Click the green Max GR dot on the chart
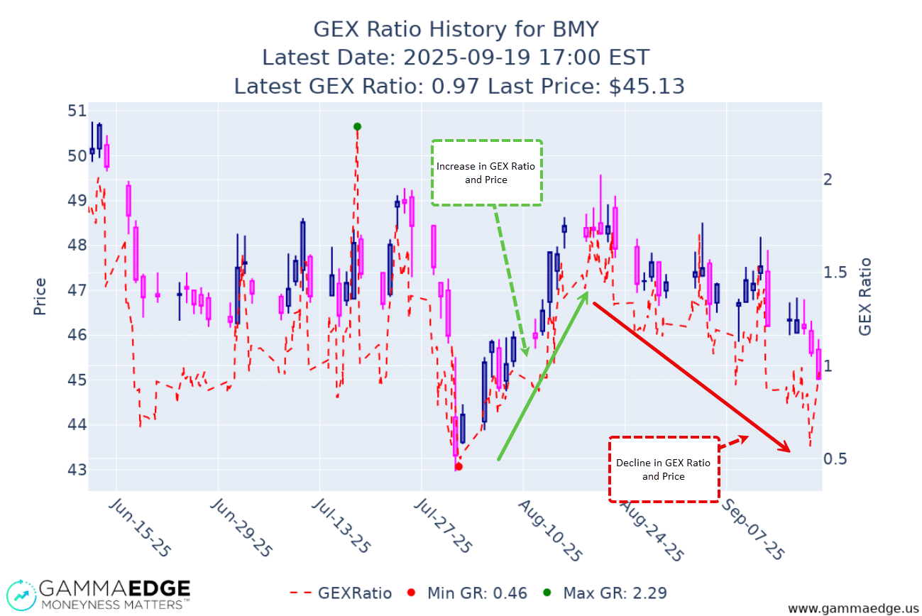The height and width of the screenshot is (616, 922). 357,126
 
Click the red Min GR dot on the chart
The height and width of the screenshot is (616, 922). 459,466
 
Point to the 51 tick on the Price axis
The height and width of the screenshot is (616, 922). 77,111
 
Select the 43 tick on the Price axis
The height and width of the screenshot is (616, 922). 77,470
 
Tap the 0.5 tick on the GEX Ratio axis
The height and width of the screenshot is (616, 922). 835,459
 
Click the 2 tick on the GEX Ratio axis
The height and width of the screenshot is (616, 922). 828,179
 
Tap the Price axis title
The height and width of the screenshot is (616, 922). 40,297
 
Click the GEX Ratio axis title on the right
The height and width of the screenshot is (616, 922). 865,297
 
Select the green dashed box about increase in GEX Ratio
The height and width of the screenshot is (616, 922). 486,173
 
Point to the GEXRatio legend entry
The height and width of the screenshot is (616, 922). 341,593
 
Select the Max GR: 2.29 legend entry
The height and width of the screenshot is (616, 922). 604,593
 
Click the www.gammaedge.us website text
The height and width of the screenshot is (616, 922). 852,608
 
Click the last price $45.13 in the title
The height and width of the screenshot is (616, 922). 647,86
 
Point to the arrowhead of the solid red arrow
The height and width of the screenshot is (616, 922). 788,449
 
